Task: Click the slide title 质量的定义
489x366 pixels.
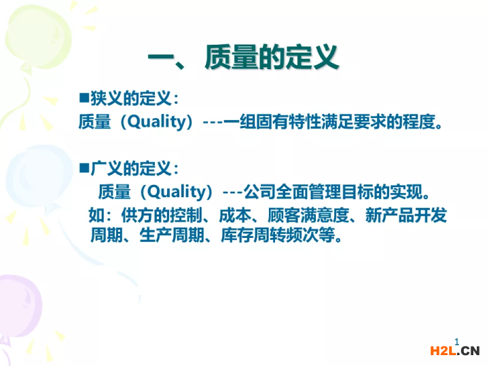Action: [271, 57]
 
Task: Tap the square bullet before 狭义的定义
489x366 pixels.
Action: [84, 98]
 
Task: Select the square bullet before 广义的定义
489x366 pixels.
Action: [84, 168]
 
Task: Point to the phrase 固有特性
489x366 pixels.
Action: [288, 121]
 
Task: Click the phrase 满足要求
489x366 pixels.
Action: [353, 121]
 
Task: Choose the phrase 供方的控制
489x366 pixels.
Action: [162, 216]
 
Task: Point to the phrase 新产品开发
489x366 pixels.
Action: [406, 216]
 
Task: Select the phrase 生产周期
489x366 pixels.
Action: [172, 235]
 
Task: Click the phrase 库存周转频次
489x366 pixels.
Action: [270, 235]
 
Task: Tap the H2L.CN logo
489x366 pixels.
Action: [454, 351]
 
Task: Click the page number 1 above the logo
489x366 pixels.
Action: [457, 342]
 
